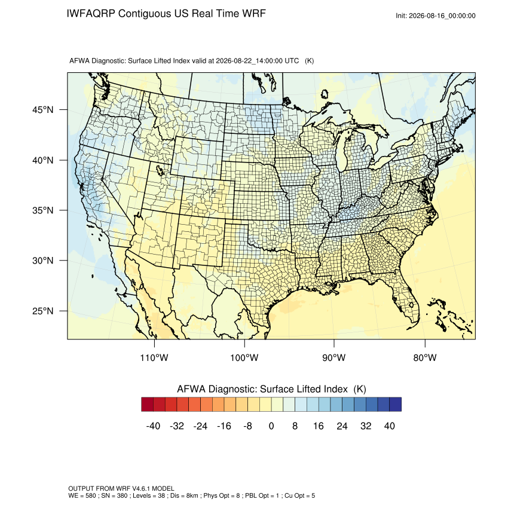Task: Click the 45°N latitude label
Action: point(43,110)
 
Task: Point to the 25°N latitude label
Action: point(43,311)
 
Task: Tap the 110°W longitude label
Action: point(154,357)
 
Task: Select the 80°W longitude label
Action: point(425,357)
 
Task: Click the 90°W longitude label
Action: point(333,357)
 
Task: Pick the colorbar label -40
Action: point(153,426)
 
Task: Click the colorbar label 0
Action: point(271,426)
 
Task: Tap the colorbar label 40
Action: point(390,426)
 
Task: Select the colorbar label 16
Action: point(318,426)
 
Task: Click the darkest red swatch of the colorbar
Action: point(147,405)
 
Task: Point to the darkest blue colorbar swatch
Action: point(395,405)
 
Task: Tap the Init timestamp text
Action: point(436,16)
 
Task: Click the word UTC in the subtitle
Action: point(292,61)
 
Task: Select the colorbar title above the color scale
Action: point(271,389)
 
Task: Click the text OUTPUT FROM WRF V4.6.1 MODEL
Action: point(121,488)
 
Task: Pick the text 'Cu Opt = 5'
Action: point(299,495)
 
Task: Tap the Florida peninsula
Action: point(406,299)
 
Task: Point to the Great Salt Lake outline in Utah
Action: point(160,170)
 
